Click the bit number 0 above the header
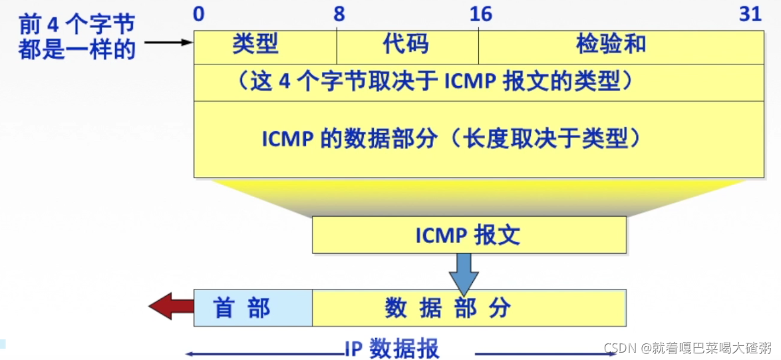(x=198, y=14)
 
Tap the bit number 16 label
(x=480, y=14)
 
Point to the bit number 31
(x=750, y=14)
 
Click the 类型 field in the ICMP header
(x=255, y=45)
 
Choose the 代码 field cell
(x=406, y=45)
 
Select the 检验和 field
(x=611, y=45)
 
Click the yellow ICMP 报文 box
(x=468, y=236)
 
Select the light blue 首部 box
(x=242, y=308)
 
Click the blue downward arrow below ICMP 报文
(x=464, y=273)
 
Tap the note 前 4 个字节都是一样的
(x=77, y=37)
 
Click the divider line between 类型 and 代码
(x=337, y=45)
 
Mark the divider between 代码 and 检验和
(x=478, y=45)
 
